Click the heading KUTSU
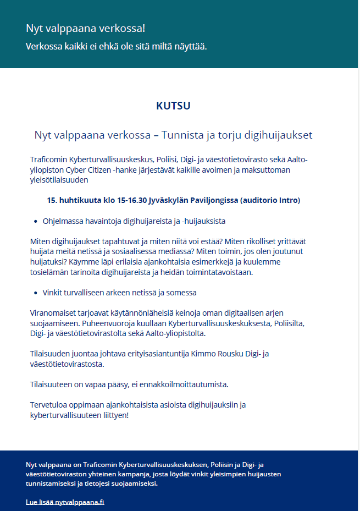tap(173, 106)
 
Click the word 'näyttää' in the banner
tap(190, 46)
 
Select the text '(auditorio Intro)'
tap(270, 200)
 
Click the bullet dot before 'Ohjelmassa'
tap(35, 221)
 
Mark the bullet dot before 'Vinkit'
tap(35, 293)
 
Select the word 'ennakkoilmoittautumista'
tap(186, 384)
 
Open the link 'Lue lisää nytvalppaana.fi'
tap(65, 502)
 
